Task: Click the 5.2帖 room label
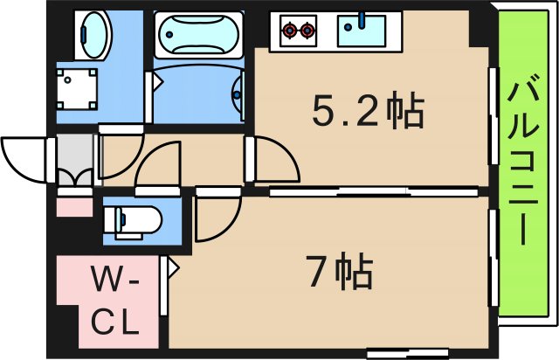(368, 112)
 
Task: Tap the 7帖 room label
(339, 273)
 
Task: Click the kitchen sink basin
(362, 31)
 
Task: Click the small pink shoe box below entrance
(74, 207)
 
